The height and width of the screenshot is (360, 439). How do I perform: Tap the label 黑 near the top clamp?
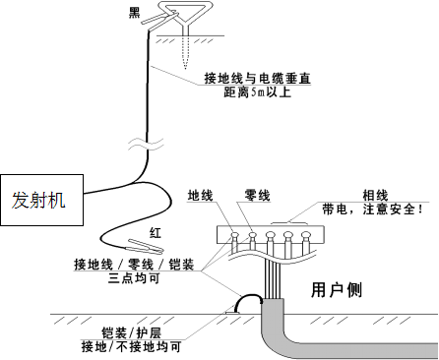[135, 13]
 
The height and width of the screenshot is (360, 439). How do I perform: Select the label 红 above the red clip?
[155, 232]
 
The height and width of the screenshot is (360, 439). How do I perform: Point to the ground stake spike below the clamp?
[185, 61]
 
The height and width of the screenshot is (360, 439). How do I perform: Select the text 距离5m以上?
[258, 94]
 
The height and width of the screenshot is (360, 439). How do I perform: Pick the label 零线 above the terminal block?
[256, 195]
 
